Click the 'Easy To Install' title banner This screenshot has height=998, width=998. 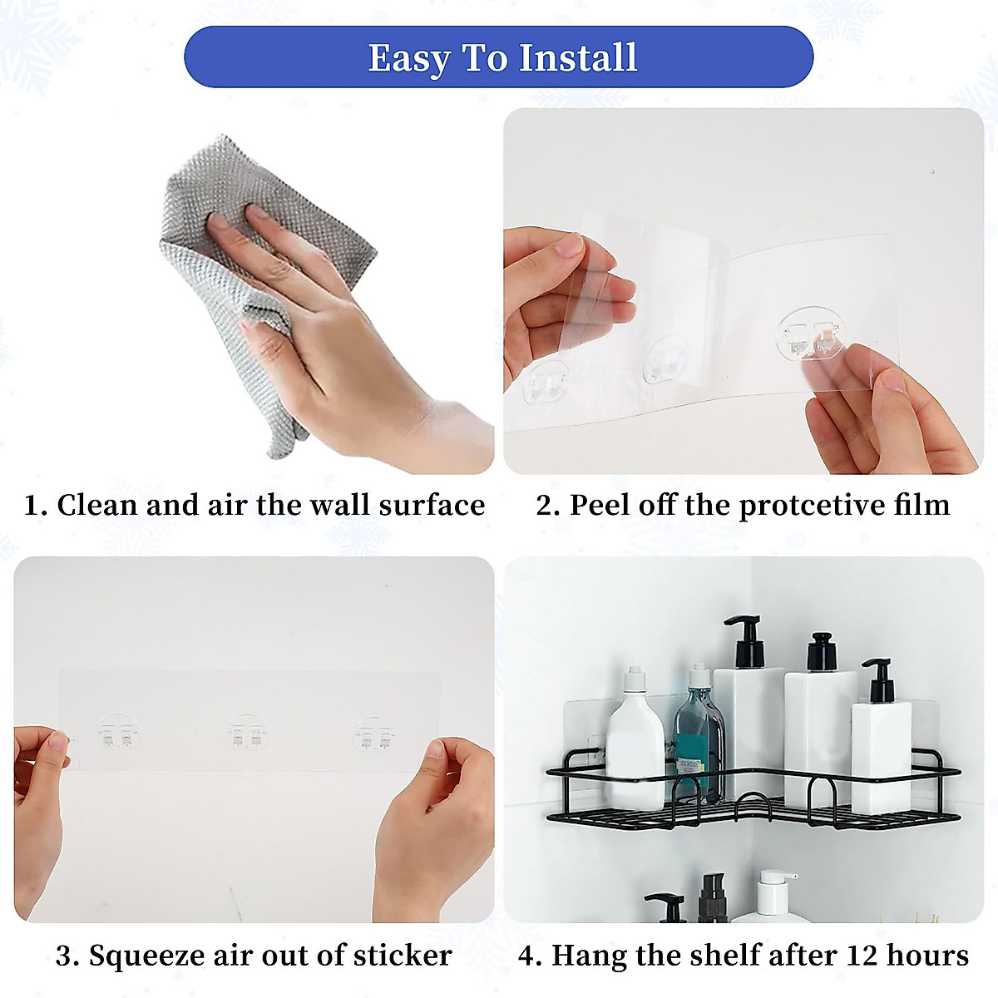click(498, 57)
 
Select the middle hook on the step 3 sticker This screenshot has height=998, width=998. click(248, 733)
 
